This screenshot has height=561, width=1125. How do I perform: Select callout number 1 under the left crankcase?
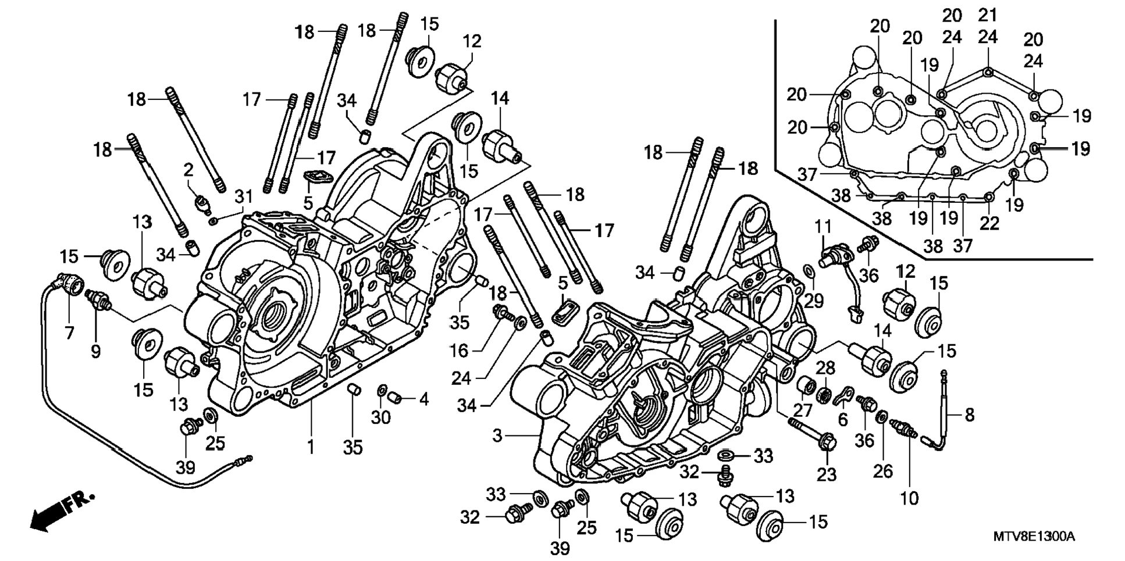(x=311, y=446)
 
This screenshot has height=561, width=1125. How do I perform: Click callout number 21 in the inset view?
(x=988, y=15)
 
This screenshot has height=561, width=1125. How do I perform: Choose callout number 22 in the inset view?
(x=989, y=223)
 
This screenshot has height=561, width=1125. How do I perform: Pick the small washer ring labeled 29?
(x=808, y=270)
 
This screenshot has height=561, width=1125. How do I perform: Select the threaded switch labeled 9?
(x=98, y=299)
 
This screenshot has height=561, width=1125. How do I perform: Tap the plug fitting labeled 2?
(x=202, y=204)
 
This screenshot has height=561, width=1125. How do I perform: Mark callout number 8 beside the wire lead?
(x=969, y=415)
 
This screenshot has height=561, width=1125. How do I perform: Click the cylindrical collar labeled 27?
(x=804, y=386)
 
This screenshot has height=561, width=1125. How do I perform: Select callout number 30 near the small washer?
(x=381, y=417)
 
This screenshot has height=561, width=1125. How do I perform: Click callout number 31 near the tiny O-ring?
(x=243, y=197)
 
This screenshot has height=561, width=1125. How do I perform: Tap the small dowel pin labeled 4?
(x=395, y=398)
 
